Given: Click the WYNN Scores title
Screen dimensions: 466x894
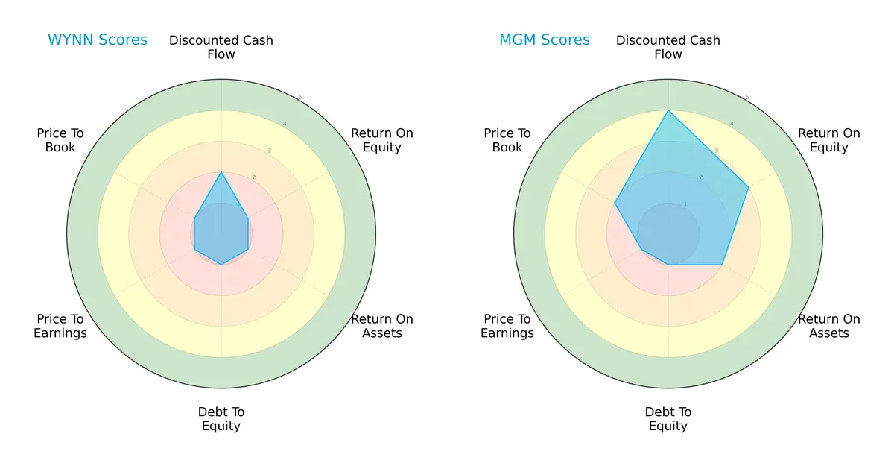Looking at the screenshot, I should (98, 40).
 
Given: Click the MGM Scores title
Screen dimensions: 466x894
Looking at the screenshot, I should (545, 40).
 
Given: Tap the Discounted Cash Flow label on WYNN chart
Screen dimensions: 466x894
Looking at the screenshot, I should (221, 47).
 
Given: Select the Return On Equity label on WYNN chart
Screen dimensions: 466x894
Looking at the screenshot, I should (382, 140).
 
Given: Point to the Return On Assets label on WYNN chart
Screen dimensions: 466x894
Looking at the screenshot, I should (382, 326).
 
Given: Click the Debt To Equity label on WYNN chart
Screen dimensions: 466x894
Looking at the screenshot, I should (221, 419).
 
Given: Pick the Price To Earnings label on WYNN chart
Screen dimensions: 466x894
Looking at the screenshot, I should (60, 326).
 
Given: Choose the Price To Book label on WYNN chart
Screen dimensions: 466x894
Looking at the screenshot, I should (60, 140).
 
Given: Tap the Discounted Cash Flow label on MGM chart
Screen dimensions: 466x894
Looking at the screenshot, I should (668, 47).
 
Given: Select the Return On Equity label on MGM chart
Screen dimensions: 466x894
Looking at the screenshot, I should (829, 140).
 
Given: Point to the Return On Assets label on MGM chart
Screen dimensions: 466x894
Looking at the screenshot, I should (829, 326).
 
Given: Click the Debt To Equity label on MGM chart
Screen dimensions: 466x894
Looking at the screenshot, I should (668, 419).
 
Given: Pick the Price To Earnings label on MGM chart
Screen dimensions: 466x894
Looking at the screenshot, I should (507, 326).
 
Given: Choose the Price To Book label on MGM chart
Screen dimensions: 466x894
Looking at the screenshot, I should (507, 140).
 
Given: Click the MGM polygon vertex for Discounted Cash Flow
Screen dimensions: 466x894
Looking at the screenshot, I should (668, 110).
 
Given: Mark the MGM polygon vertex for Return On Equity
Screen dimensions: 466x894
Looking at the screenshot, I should (748, 187).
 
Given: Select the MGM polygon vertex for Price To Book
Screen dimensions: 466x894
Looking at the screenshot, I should (615, 203).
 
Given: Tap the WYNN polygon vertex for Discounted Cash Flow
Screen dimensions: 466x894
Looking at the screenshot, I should (221, 172).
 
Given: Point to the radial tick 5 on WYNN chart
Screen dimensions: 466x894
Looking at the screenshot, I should (300, 98).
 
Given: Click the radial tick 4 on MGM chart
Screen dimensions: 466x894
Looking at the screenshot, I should (732, 124).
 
